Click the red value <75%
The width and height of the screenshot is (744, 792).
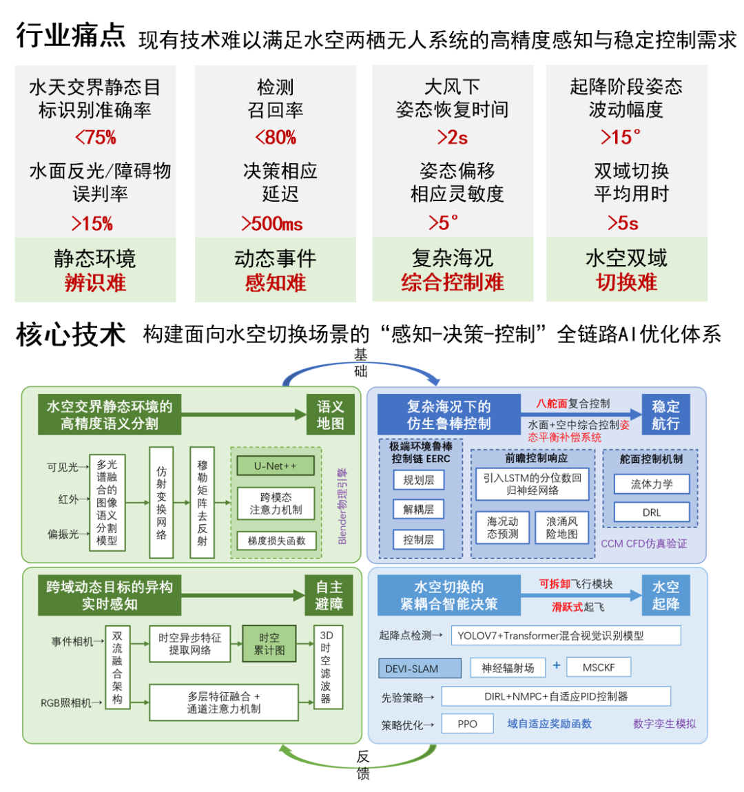pyautogui.click(x=96, y=137)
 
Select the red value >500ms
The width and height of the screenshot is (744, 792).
pyautogui.click(x=272, y=224)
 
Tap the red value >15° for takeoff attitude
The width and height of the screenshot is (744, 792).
pyautogui.click(x=621, y=137)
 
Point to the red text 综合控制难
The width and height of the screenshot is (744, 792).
pyautogui.click(x=453, y=282)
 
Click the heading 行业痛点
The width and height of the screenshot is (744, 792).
pyautogui.click(x=71, y=35)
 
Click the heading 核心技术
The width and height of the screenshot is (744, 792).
pyautogui.click(x=71, y=335)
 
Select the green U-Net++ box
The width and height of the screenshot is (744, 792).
pyautogui.click(x=276, y=466)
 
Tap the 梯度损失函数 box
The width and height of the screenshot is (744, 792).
pyautogui.click(x=276, y=541)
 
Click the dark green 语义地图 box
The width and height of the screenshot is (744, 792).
pyautogui.click(x=330, y=415)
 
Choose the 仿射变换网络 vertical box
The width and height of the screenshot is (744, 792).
pyautogui.click(x=161, y=502)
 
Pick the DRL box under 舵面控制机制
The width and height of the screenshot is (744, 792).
pyautogui.click(x=652, y=512)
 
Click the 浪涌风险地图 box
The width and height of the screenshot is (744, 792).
pyautogui.click(x=561, y=528)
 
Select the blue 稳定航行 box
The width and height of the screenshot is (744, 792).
pyautogui.click(x=665, y=415)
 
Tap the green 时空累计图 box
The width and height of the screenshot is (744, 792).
pyautogui.click(x=269, y=644)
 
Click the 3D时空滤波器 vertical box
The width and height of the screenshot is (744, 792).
pyautogui.click(x=326, y=666)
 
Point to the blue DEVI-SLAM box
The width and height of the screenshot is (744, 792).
pyautogui.click(x=420, y=668)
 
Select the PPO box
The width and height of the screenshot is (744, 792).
pyautogui.click(x=467, y=724)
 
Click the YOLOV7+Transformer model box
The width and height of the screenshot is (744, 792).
pyautogui.click(x=566, y=636)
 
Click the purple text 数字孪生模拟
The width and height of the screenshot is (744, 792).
pyautogui.click(x=664, y=724)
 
